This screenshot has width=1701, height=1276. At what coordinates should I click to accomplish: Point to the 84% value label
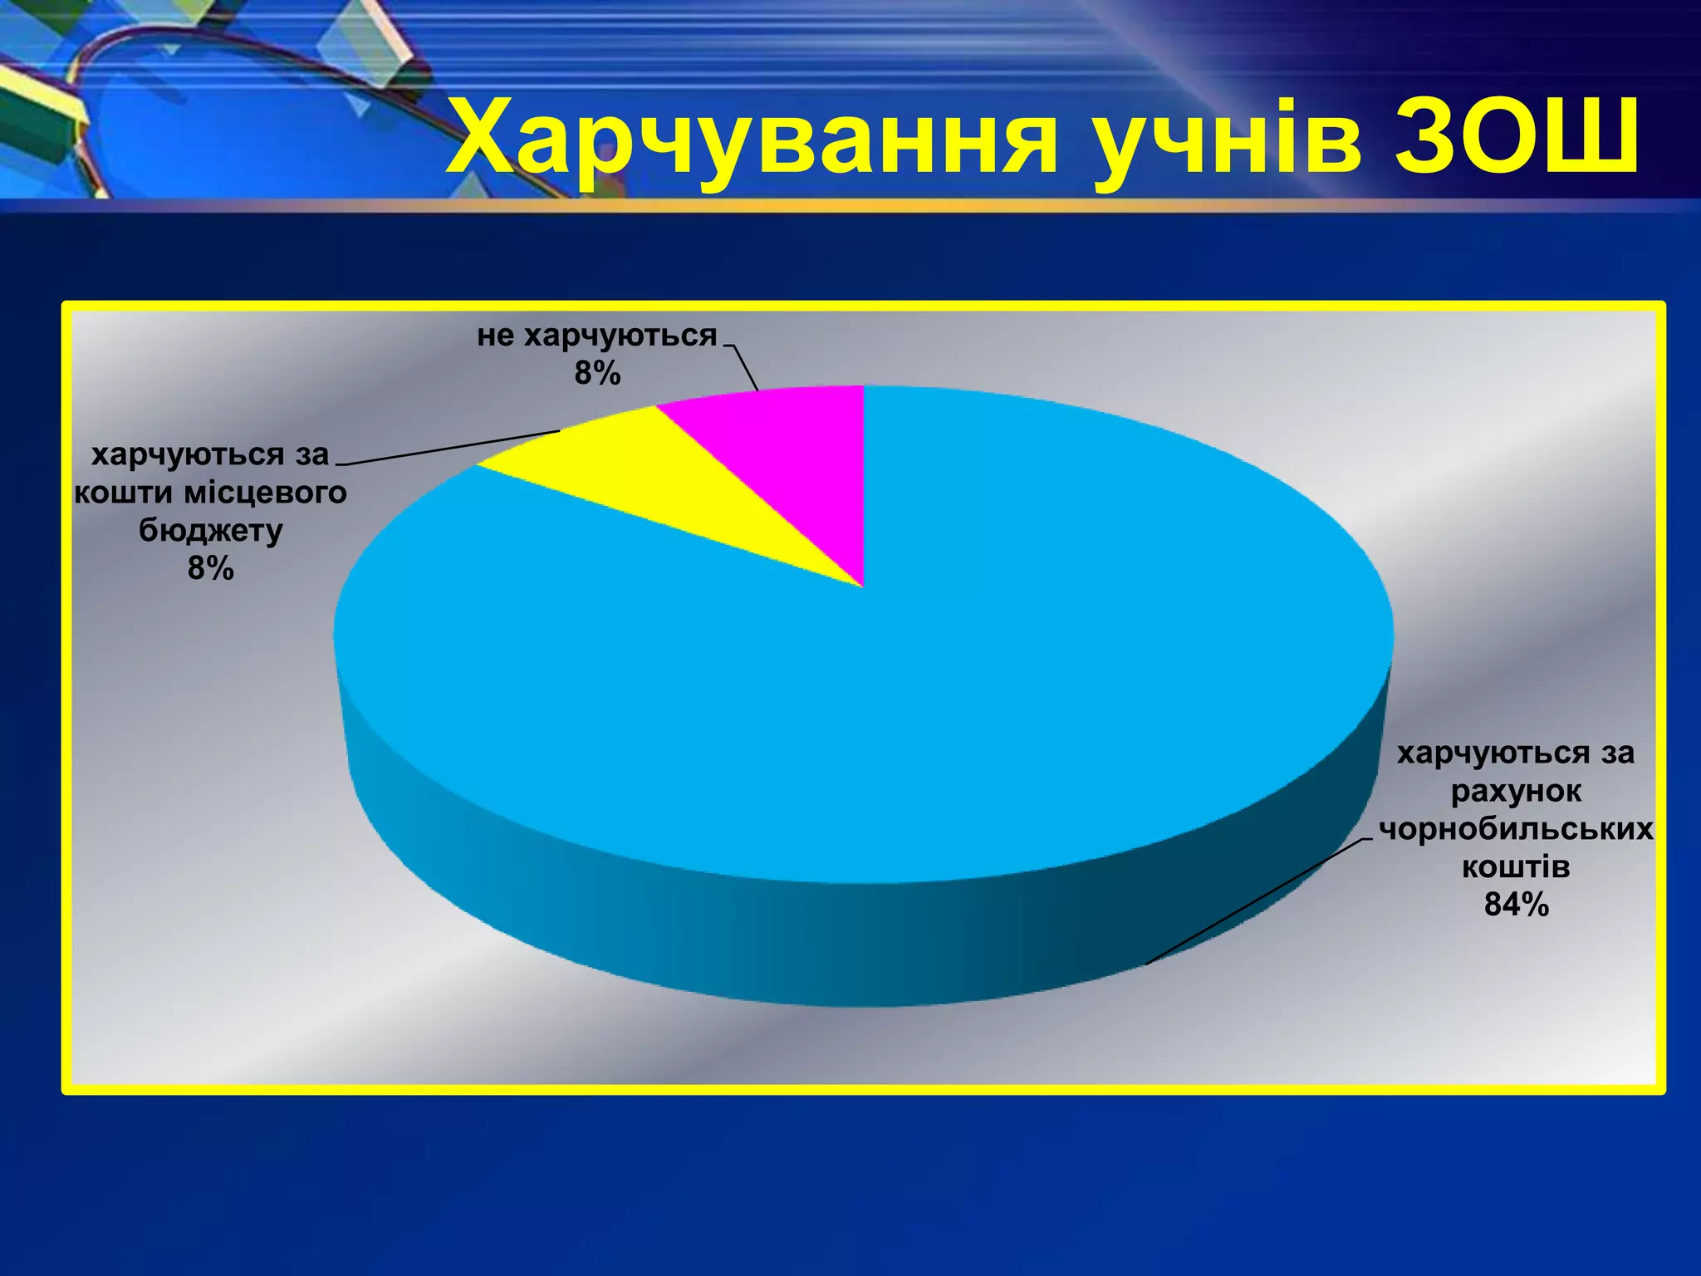(x=1517, y=905)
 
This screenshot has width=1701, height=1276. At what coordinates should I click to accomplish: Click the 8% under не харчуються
(x=597, y=375)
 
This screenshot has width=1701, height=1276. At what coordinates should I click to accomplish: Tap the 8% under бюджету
(x=211, y=569)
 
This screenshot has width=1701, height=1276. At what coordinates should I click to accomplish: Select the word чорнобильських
(x=1517, y=829)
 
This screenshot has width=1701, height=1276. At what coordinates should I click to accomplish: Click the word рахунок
(x=1517, y=791)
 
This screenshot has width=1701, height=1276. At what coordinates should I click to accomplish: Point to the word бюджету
(x=211, y=531)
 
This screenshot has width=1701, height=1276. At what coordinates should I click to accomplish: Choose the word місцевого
(x=265, y=493)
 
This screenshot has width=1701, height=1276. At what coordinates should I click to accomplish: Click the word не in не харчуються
(x=495, y=336)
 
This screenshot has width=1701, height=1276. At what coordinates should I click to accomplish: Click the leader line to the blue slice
(x=1254, y=901)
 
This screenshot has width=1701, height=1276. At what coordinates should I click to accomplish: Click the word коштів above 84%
(x=1517, y=867)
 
